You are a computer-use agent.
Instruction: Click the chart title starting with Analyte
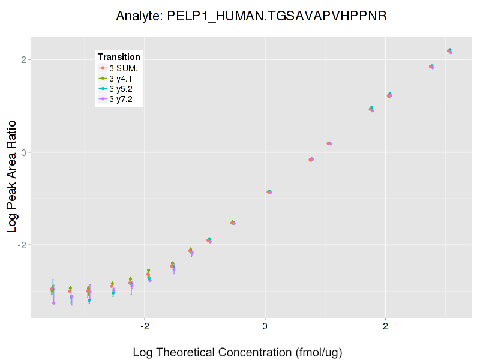(251, 16)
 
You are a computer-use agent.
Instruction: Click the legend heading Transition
(119, 57)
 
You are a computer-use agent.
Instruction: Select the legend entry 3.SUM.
(123, 68)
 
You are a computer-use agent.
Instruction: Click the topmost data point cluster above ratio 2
(449, 51)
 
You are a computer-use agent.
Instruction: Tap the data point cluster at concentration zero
(269, 191)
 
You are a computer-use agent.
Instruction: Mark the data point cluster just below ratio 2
(431, 67)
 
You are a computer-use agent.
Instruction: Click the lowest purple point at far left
(53, 303)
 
